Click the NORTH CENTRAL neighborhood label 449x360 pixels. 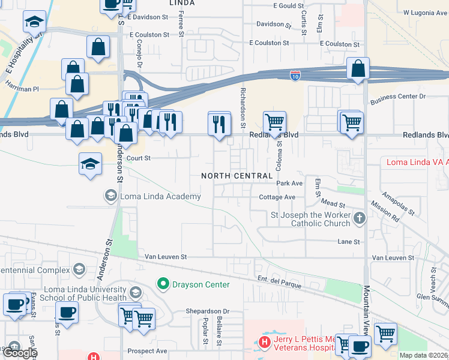pos(237,176)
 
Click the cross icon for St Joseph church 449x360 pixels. pos(359,218)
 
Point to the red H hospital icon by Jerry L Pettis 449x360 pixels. pos(264,343)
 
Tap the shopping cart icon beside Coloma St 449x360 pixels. pos(274,122)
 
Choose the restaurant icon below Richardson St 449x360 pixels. pos(219,124)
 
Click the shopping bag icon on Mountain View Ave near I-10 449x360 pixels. pos(358,70)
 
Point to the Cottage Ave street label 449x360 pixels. pos(277,197)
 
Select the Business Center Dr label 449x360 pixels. pos(398,96)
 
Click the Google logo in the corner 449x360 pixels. pos(20,353)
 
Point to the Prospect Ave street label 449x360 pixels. pos(146,350)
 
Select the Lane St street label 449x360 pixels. pos(349,242)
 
